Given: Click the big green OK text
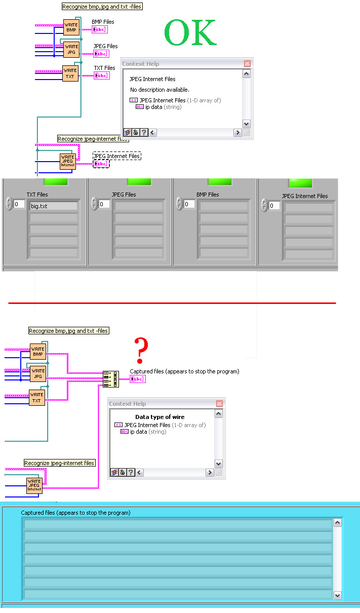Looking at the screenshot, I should click(190, 33).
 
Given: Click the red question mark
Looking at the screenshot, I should click(141, 350).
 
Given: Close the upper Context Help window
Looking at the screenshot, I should click(247, 64).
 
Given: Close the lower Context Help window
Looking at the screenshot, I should click(219, 404).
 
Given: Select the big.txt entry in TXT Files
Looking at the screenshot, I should click(54, 206).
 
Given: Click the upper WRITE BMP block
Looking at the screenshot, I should click(71, 27).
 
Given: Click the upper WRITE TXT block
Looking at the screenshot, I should click(70, 73).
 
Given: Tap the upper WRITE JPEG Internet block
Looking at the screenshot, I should click(68, 161).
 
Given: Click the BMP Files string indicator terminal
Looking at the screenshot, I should click(100, 29).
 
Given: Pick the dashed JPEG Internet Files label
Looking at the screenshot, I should click(116, 156).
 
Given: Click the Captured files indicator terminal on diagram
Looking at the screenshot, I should click(138, 379).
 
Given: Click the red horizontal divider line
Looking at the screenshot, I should click(172, 303).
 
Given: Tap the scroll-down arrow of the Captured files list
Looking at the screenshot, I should click(338, 596).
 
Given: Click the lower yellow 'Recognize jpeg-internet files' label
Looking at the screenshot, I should click(60, 463).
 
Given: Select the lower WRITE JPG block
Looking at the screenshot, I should click(38, 374).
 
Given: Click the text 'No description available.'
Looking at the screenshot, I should click(159, 90).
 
